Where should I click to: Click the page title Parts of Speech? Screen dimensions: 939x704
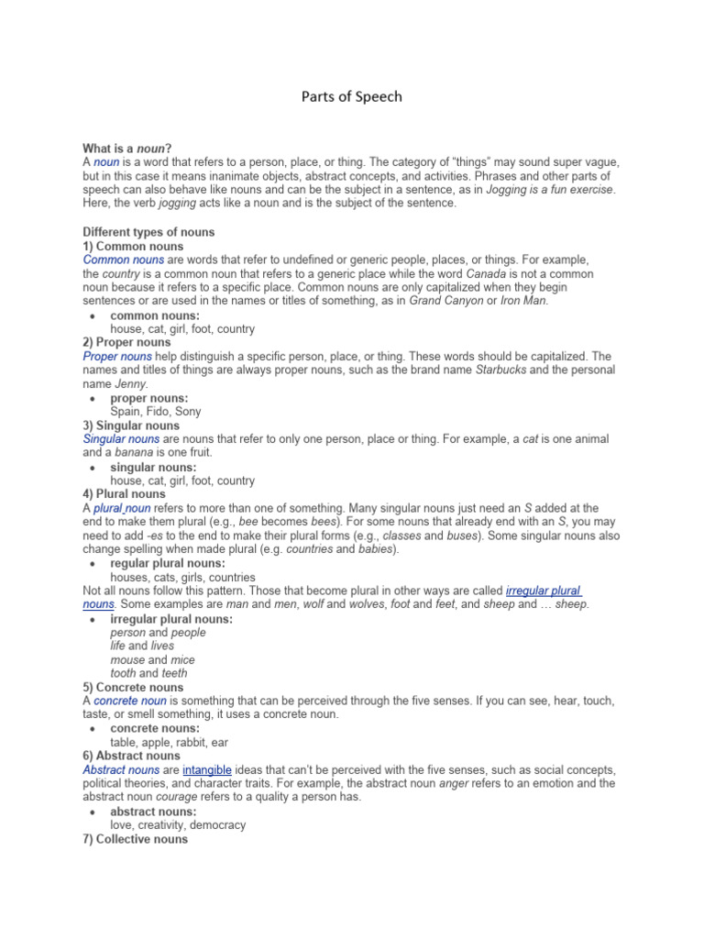click(352, 96)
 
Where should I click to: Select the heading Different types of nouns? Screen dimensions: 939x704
click(148, 232)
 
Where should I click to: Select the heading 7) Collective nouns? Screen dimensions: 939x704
click(136, 838)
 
